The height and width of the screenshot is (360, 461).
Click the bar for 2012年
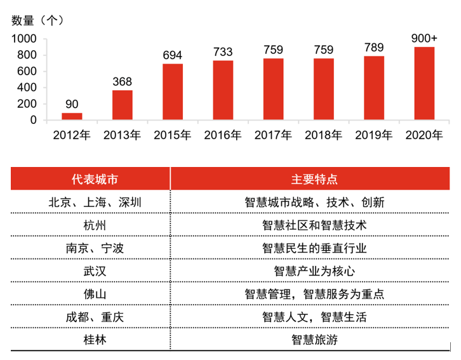[x=72, y=117]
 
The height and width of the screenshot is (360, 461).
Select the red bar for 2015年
[x=173, y=92]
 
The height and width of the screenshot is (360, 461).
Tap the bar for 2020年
[x=425, y=84]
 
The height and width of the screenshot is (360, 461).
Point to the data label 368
[x=123, y=82]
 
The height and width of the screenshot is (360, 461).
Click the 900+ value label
[x=425, y=39]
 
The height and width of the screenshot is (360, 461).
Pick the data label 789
[x=374, y=48]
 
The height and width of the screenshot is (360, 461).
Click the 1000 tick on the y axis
[x=25, y=39]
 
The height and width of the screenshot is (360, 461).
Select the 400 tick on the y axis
[x=28, y=88]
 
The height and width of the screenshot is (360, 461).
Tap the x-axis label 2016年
[x=223, y=135]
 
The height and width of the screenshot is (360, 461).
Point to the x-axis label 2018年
[x=324, y=135]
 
